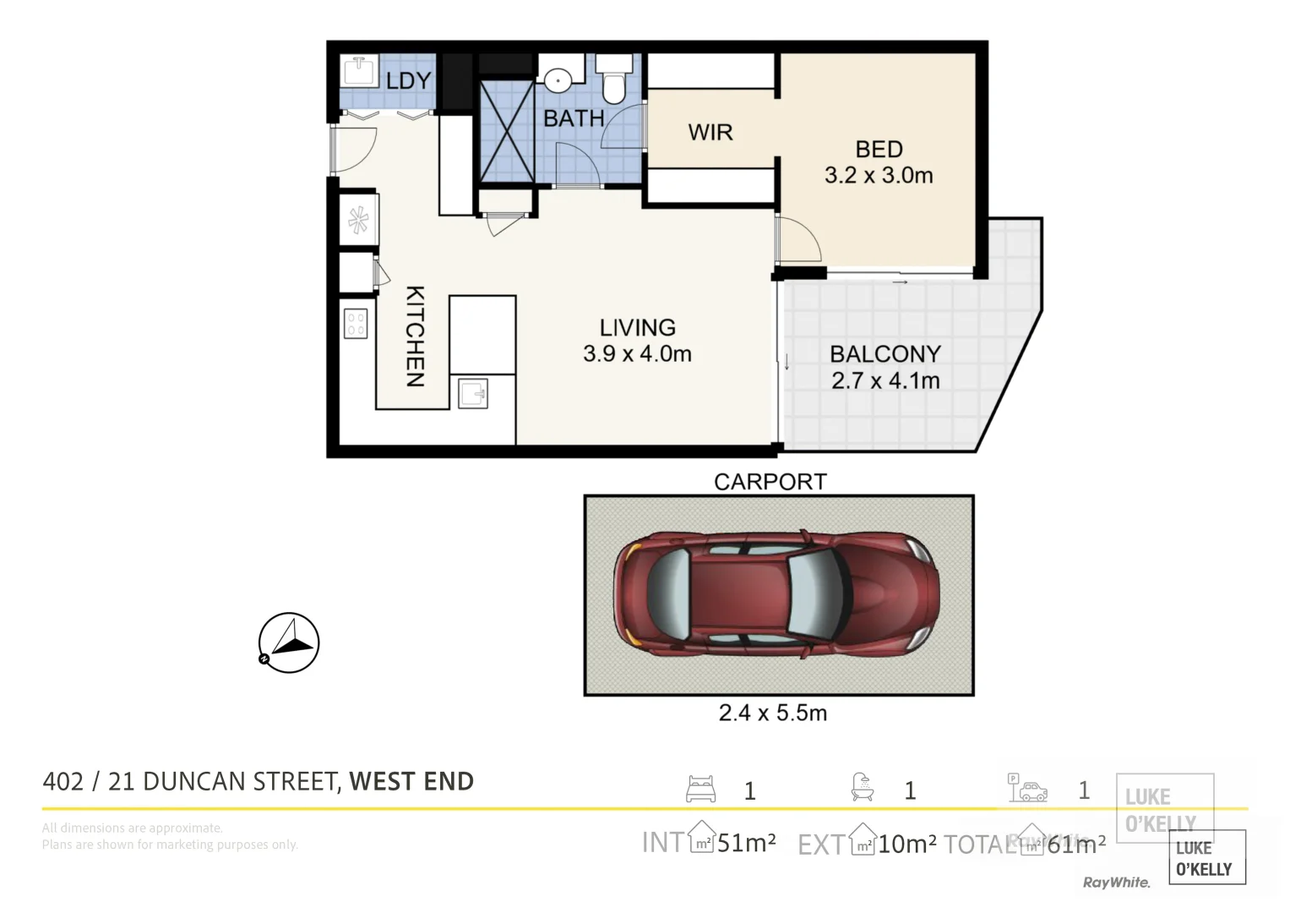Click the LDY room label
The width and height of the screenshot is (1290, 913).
[408, 81]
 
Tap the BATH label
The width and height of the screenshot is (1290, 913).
[574, 118]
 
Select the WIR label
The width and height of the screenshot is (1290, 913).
[710, 133]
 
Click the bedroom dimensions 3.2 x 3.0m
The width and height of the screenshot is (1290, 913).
[879, 176]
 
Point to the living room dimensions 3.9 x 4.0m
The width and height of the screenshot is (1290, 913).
[637, 354]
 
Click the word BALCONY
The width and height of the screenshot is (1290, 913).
[884, 354]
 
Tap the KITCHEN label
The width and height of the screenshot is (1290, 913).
[415, 336]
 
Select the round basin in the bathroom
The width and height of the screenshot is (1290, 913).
[557, 80]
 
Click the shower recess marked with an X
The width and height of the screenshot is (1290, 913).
[507, 131]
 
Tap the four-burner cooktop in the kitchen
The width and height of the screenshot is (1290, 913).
[356, 325]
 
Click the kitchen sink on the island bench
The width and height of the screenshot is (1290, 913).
[473, 393]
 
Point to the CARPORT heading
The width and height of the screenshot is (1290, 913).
[770, 482]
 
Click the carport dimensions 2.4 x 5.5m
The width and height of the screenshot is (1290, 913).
[772, 713]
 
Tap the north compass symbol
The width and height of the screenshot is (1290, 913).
[289, 643]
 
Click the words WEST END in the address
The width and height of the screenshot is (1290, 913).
[411, 782]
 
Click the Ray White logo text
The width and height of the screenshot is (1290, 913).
[1116, 883]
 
